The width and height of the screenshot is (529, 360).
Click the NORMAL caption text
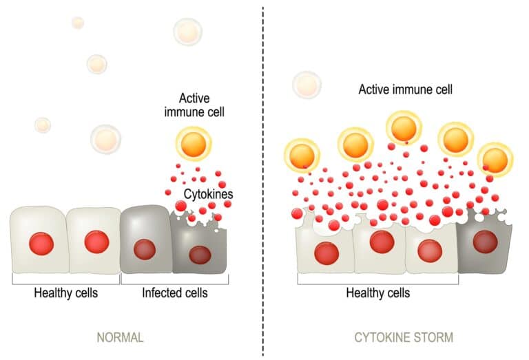point(120,338)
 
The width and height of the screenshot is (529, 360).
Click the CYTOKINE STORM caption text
point(404,338)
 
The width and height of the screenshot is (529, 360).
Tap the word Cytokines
point(208,194)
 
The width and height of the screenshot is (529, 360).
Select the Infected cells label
point(175,293)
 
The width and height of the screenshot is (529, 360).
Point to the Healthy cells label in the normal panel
point(66,293)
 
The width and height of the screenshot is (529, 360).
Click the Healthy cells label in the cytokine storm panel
point(378,293)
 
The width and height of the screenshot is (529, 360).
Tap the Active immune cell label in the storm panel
point(405,89)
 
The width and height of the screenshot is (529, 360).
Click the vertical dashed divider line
point(263,207)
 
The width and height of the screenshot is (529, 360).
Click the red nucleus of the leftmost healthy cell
point(41,242)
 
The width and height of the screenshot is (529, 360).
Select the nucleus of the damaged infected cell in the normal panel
point(200,254)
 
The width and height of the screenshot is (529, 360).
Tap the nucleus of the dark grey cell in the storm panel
point(486,242)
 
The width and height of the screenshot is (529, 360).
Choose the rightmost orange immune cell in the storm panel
point(495,158)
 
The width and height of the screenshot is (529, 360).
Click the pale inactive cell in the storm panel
point(306,84)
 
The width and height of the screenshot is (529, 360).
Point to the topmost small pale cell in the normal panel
point(77,22)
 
